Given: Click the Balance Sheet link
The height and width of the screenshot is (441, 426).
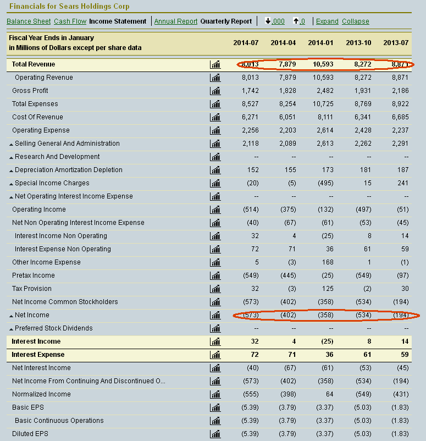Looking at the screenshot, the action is [29, 21].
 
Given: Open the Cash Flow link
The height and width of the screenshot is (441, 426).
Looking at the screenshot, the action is [70, 21].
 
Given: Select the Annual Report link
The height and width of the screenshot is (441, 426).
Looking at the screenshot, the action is [176, 21].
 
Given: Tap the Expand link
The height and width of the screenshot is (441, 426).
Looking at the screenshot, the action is [327, 21].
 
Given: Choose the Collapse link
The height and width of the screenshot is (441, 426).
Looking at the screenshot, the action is [356, 21].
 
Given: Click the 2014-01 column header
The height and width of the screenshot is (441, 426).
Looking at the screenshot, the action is [320, 43].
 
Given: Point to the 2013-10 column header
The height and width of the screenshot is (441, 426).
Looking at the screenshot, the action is [358, 43].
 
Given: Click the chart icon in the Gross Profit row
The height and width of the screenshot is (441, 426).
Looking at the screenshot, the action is [215, 91].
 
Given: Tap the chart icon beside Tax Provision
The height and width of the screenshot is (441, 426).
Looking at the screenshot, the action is [215, 289].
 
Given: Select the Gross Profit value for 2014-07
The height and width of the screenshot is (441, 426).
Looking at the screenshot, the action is [250, 91].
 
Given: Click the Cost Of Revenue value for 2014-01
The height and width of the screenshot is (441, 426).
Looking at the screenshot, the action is [325, 117].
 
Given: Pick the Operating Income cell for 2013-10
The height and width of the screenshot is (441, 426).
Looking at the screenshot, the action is [363, 210].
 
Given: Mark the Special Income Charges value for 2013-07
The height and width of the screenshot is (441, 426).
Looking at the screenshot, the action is [403, 183].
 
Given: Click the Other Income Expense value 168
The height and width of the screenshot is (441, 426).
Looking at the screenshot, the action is [328, 262].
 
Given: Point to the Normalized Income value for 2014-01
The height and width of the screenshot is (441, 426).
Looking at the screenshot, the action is [330, 394].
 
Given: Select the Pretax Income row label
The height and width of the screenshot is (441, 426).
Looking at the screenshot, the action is [34, 275].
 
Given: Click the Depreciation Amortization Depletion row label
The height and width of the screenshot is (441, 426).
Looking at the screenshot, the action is [69, 170].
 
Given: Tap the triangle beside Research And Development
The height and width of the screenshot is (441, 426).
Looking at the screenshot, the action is [11, 157].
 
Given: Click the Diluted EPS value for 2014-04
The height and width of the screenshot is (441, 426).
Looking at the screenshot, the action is [287, 434].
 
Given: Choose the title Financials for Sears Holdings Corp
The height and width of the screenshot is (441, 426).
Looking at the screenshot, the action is [69, 6].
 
